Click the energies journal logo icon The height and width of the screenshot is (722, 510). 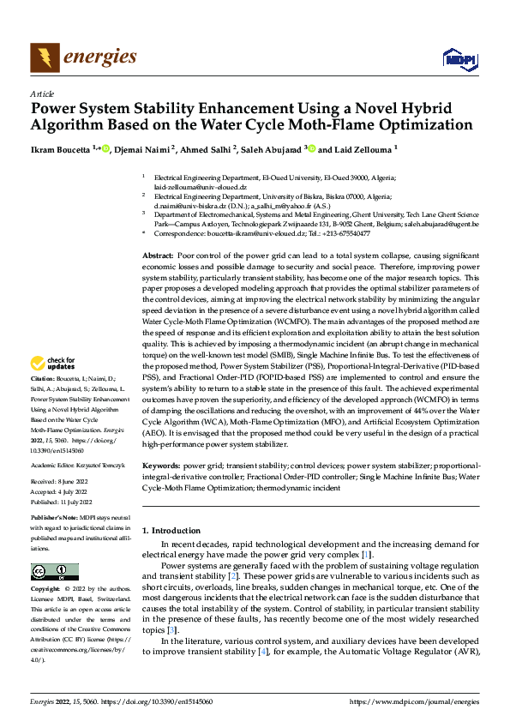tap(45, 57)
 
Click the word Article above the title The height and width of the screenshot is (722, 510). tap(42, 93)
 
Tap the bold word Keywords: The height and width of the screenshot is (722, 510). tap(161, 465)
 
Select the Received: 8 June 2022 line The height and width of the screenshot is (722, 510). tap(63, 481)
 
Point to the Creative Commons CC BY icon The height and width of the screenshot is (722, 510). tap(54, 571)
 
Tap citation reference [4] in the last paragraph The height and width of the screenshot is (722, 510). tap(263, 653)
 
